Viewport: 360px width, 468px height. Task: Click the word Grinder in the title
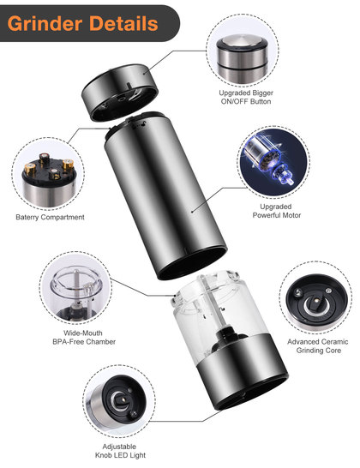click(45, 24)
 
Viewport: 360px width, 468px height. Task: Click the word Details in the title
click(123, 23)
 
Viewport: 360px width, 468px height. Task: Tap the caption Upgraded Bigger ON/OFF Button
click(246, 97)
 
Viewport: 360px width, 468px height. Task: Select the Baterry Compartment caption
click(51, 218)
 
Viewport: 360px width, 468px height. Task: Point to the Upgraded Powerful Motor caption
click(277, 211)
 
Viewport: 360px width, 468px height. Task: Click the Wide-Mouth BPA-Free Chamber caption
click(84, 337)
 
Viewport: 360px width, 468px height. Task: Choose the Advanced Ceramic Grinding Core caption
click(318, 346)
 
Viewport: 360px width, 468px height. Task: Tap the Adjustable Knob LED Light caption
click(120, 451)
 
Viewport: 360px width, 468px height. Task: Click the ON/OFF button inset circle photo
click(243, 51)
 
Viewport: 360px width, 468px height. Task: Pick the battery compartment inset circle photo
click(48, 174)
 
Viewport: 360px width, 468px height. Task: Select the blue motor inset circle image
click(273, 162)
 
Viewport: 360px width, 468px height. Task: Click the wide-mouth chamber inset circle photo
click(75, 288)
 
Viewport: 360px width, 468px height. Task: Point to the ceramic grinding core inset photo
click(315, 297)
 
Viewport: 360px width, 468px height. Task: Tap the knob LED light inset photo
click(119, 401)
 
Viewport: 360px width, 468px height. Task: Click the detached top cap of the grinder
click(120, 92)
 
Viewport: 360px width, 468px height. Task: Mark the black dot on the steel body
click(192, 212)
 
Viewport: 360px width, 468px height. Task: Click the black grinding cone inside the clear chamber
click(228, 339)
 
